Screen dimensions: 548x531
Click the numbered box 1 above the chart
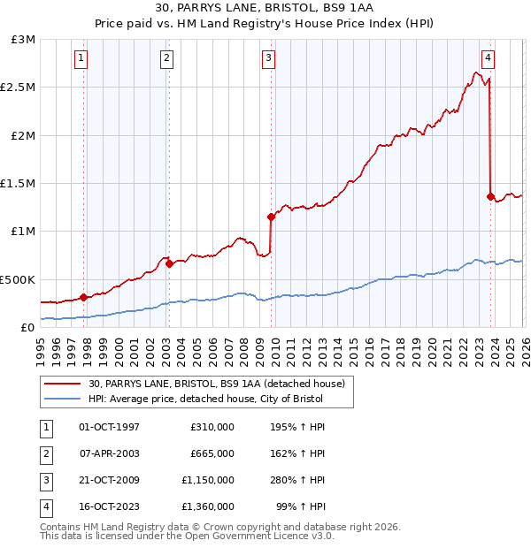coord(81,59)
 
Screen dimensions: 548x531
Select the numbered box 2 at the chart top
coord(166,59)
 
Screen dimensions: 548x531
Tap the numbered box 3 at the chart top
coord(268,59)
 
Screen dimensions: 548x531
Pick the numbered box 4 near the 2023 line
coord(488,59)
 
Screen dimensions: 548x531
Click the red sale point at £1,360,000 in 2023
coord(490,196)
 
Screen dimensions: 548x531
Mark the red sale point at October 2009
coord(272,217)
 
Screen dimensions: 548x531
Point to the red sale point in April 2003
coord(169,263)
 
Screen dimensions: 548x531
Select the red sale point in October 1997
coord(83,297)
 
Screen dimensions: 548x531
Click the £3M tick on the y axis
coord(24,40)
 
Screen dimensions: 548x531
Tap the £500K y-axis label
coord(19,279)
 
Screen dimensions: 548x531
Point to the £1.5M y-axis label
coord(19,183)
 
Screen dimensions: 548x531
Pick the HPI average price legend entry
coord(210,399)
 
